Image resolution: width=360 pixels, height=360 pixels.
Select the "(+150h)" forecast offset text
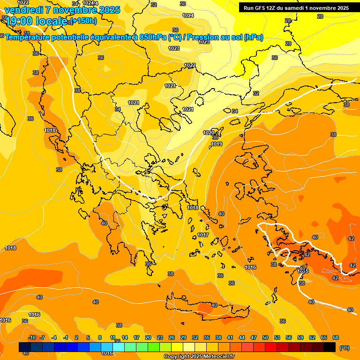(x=83, y=21)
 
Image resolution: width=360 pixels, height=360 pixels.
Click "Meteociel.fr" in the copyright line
(x=213, y=357)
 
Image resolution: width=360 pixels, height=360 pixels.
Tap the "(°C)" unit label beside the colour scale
(x=344, y=348)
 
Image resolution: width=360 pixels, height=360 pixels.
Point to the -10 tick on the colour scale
(x=31, y=337)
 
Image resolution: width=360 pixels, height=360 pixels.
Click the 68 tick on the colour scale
(x=336, y=337)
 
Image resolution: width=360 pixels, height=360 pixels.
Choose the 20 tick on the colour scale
(x=148, y=337)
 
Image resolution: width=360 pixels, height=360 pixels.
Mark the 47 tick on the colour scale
(x=254, y=337)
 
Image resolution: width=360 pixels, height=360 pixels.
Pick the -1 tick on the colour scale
(x=66, y=337)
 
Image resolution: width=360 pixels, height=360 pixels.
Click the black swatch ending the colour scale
(x=330, y=347)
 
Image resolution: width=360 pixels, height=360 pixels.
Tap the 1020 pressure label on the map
(x=209, y=133)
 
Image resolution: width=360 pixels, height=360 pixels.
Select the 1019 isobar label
(x=217, y=144)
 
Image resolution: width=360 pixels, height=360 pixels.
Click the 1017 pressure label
(x=203, y=235)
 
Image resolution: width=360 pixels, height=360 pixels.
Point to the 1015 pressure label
(x=303, y=271)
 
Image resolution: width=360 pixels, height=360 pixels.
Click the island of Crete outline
(x=206, y=310)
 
